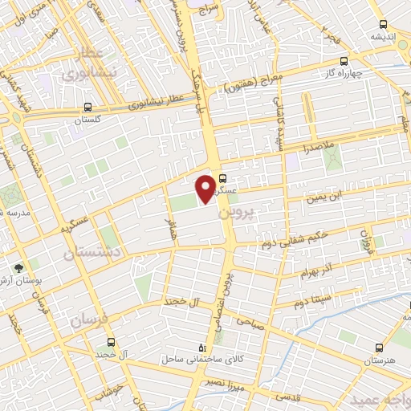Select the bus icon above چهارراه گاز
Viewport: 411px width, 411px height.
click(x=344, y=61)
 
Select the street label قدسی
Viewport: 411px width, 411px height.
click(x=285, y=397)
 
